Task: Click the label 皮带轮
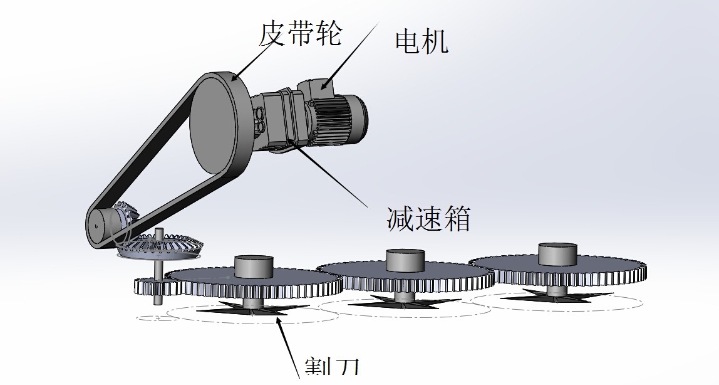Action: point(301,33)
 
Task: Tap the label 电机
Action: point(422,42)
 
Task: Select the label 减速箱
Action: point(428,219)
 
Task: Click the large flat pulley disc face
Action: point(214,125)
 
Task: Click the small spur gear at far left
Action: point(150,287)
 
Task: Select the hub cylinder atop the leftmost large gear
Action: point(254,266)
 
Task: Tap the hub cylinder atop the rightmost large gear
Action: point(556,254)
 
